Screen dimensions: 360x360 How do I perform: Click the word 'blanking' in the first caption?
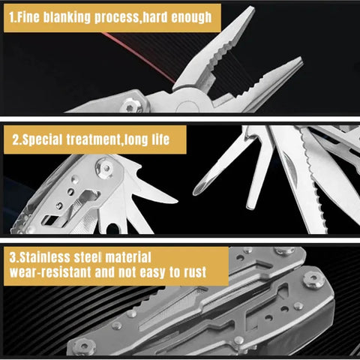pyautogui.click(x=63, y=16)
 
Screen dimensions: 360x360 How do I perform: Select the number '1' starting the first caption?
pyautogui.click(x=10, y=16)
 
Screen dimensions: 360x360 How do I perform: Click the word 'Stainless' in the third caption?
pyautogui.click(x=46, y=256)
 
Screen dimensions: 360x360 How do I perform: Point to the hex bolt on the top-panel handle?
pyautogui.click(x=133, y=106)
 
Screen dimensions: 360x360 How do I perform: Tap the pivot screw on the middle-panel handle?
pyautogui.click(x=104, y=166)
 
